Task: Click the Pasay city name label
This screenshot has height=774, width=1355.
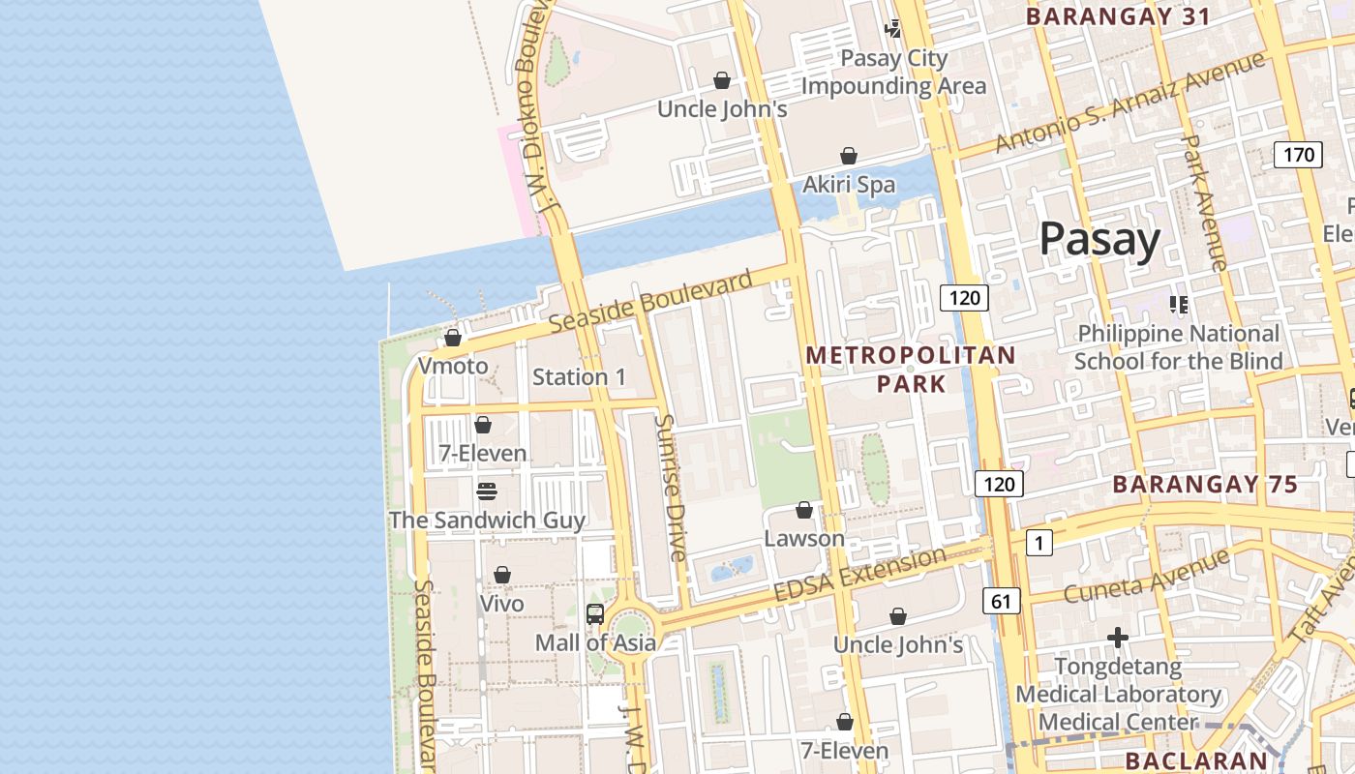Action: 1099,240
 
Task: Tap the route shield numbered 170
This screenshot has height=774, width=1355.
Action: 1298,155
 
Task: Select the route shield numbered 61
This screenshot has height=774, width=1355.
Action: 1001,601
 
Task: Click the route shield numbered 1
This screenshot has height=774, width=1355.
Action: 1039,543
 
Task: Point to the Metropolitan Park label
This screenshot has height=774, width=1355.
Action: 911,369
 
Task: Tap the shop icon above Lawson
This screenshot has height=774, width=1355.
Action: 804,510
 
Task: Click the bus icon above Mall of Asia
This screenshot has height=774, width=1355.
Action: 595,613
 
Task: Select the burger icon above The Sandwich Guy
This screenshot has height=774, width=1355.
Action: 487,491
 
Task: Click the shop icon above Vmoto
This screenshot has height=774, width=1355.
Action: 453,338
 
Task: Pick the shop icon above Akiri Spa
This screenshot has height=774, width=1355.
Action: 849,156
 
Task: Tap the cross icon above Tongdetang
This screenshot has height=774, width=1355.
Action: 1118,638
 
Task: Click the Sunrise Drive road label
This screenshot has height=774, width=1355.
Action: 670,488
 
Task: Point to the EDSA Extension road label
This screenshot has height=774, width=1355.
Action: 859,576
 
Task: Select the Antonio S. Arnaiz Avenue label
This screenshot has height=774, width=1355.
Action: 1129,102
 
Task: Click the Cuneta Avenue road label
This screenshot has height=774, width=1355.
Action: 1146,576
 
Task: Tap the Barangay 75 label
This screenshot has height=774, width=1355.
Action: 1204,485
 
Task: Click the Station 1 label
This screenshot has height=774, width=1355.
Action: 579,377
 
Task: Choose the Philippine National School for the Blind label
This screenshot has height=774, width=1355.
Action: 1178,347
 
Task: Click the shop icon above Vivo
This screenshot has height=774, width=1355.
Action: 502,576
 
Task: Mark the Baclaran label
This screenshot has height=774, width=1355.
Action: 1196,760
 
